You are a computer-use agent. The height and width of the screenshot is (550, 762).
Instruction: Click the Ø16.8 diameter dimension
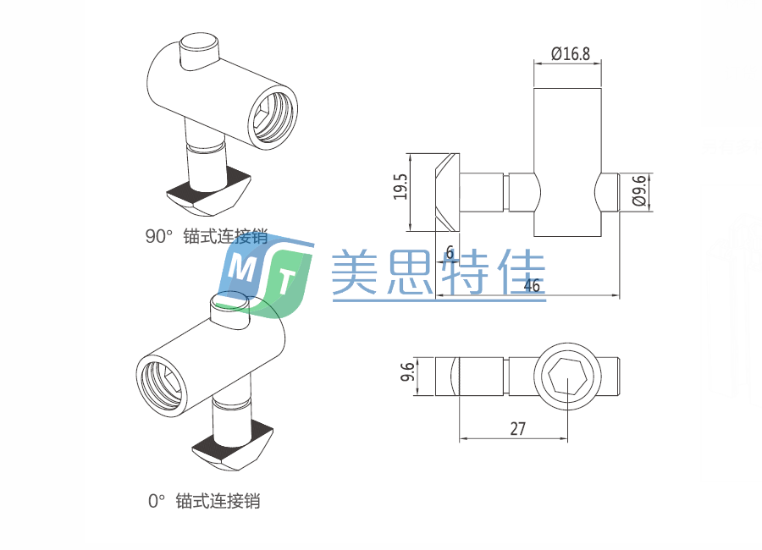pos(570,53)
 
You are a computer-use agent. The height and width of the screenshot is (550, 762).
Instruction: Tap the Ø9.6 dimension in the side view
pos(639,192)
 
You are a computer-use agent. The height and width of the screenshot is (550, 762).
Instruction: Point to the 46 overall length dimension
pos(532,285)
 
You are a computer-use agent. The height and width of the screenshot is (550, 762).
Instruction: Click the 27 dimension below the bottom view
pos(517,428)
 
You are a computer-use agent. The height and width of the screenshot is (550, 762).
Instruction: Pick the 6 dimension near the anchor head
pos(449,252)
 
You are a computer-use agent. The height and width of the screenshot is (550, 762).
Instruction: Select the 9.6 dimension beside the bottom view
pos(407,372)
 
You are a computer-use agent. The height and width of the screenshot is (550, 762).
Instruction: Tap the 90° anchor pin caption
pos(207,237)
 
